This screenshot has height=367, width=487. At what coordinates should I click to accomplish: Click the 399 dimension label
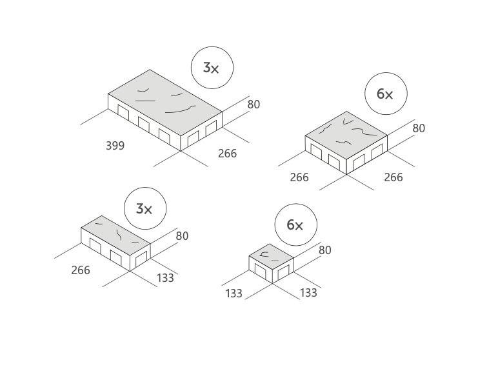[115, 146]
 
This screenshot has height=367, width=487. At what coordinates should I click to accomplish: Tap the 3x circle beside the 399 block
[212, 68]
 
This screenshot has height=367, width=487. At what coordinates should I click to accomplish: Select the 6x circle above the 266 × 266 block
[384, 94]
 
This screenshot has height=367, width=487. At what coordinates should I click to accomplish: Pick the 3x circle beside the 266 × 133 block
[144, 209]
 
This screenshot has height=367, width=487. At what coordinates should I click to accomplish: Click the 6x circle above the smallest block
[295, 224]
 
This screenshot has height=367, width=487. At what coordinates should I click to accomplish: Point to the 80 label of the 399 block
[253, 104]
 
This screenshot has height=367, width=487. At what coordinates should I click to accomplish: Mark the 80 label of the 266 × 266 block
[419, 128]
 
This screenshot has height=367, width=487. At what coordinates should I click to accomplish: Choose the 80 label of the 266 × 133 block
[182, 236]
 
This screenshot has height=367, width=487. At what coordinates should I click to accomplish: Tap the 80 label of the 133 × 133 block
[324, 250]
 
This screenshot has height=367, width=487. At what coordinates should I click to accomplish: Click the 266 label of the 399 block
[227, 154]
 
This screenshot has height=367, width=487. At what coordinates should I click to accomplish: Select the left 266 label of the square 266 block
[299, 177]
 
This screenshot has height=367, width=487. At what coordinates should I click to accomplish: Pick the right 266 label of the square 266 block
[393, 177]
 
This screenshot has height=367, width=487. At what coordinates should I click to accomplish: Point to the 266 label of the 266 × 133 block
[81, 270]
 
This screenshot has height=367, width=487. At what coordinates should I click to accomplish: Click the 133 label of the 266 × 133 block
[165, 278]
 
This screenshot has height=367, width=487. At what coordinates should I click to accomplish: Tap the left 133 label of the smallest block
[234, 293]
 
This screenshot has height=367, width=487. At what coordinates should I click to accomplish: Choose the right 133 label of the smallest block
[308, 293]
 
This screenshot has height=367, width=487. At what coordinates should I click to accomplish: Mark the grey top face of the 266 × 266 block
[346, 134]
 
